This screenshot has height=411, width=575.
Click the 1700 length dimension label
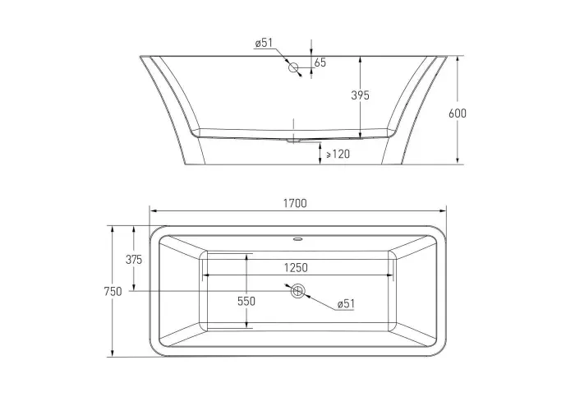pos(295,203)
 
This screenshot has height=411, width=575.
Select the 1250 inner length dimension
pos(296,267)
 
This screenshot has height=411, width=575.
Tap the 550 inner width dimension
pos(246,302)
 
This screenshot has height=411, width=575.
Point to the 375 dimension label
pos(134,260)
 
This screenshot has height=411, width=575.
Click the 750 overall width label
pos(113,292)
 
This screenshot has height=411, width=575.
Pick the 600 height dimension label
pos(458,113)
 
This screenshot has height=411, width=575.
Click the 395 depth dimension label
pos(360,95)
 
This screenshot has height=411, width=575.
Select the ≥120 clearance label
pos(338,154)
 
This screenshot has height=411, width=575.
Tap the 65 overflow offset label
pos(320,62)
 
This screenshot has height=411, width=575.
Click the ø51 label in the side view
pos(264,43)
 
